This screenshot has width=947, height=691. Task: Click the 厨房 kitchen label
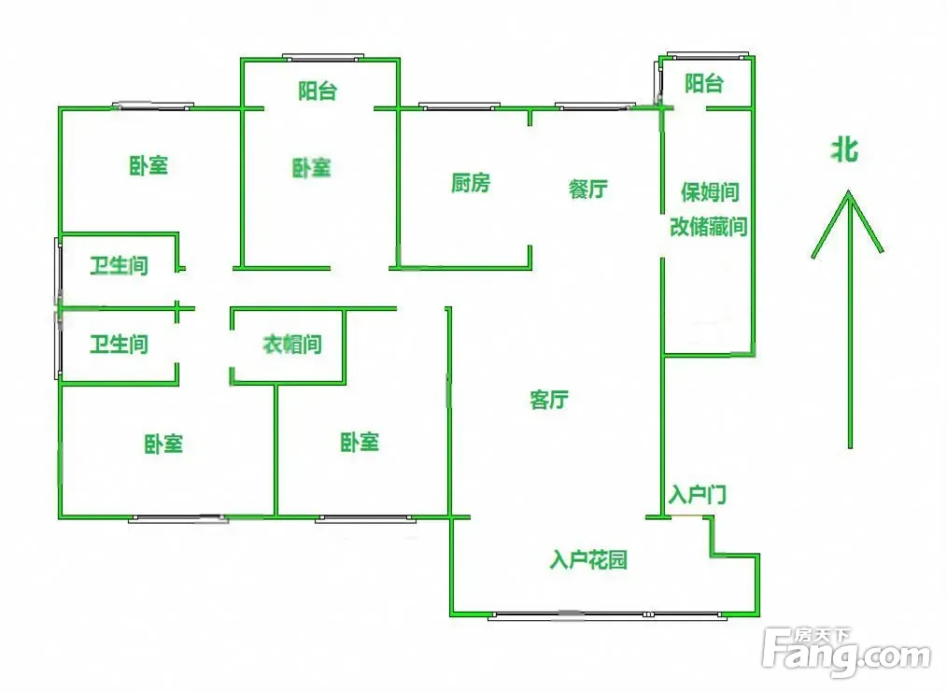(470, 183)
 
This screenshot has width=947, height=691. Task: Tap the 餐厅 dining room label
(588, 189)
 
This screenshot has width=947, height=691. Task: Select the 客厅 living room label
(549, 401)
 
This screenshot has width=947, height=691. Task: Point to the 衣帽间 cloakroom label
(291, 345)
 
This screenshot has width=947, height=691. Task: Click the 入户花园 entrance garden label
(588, 560)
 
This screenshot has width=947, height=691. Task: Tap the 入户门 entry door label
(698, 495)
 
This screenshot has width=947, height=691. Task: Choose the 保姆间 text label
(710, 192)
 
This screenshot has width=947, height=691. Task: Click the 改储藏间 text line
(709, 227)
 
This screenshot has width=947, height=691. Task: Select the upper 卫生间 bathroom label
(119, 266)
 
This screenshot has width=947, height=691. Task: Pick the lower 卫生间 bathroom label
(119, 345)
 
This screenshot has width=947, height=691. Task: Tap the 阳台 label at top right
(703, 84)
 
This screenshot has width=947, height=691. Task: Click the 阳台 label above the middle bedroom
(318, 91)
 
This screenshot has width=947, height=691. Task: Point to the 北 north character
(846, 149)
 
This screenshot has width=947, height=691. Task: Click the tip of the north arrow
(849, 192)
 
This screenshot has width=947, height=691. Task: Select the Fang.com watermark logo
(846, 654)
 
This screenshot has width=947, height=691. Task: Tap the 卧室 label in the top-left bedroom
(148, 166)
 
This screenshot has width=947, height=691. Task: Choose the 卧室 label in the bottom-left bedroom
(163, 444)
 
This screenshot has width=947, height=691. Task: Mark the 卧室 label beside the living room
(360, 442)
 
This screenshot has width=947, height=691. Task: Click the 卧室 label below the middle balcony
(311, 169)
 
